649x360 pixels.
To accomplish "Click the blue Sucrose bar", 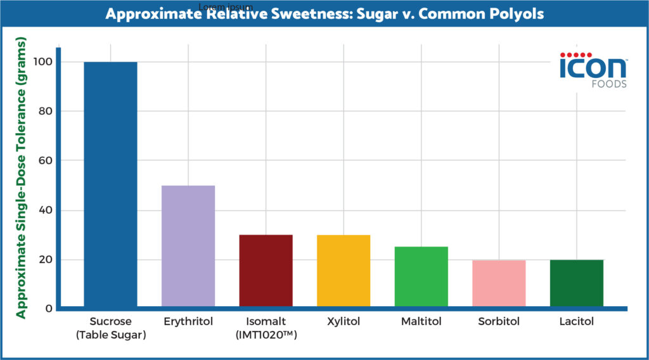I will (x=110, y=184).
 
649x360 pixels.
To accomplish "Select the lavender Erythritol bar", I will (x=188, y=247).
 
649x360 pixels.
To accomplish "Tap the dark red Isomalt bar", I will (x=266, y=271).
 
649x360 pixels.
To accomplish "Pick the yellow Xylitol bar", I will (x=344, y=271).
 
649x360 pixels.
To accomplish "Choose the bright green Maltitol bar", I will (x=421, y=277).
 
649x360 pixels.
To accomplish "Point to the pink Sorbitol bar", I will (x=499, y=283).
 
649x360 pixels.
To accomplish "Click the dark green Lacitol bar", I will (x=576, y=283).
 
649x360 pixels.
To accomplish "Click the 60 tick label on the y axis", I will (x=45, y=161).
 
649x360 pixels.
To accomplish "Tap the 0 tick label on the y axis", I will (x=48, y=309).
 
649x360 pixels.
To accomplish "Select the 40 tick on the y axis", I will (x=45, y=210).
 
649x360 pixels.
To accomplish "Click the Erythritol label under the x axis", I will (x=188, y=322).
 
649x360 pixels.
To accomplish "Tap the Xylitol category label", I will (x=344, y=322).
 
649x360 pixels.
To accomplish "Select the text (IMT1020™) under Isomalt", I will (x=266, y=335).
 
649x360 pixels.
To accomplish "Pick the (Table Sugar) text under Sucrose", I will (x=110, y=335).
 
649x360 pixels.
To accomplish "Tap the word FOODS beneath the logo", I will (x=608, y=84).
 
